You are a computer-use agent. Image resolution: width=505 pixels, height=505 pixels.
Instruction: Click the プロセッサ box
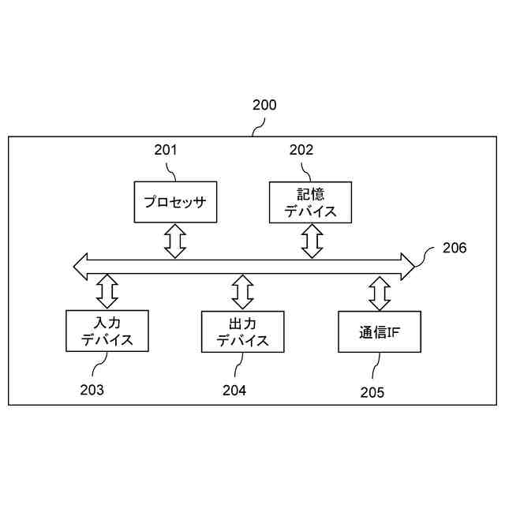coord(175,202)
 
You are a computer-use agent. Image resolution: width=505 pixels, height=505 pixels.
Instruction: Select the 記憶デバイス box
coord(310,202)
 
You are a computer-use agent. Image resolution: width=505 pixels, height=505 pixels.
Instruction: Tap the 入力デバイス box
coord(107,331)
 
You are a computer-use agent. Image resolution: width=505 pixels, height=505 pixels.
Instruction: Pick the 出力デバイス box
coord(243,331)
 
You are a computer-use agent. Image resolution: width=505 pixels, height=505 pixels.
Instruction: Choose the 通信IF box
coord(379,331)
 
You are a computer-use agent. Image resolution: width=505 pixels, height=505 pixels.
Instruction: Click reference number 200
coord(264,104)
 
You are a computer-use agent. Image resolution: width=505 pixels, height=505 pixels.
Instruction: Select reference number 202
coord(301,150)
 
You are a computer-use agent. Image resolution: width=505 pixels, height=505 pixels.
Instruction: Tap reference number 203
coord(92,389)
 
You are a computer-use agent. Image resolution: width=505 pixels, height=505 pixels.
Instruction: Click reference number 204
coord(234,390)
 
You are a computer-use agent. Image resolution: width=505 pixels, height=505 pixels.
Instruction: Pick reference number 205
coord(372,392)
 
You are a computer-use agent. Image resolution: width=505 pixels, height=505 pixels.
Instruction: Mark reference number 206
coord(454,248)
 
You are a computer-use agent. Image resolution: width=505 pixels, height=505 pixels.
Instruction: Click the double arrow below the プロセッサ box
coord(175,240)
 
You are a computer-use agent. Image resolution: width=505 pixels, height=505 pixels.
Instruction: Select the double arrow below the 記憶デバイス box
coord(313,240)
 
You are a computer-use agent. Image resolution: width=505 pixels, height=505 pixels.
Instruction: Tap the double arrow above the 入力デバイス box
coord(107,291)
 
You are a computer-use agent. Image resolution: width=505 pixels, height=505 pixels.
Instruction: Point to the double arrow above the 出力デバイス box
coord(243,291)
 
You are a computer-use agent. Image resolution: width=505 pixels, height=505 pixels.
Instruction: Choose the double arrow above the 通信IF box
coord(380,293)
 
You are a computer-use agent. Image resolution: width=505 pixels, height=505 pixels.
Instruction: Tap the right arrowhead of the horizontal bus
coord(407,266)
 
